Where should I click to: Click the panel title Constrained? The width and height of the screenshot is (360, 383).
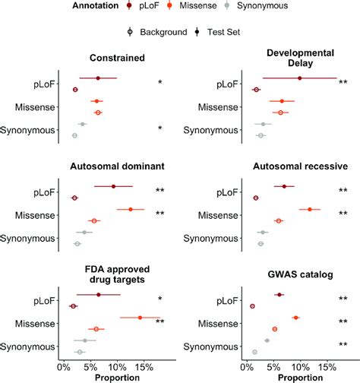[118, 58]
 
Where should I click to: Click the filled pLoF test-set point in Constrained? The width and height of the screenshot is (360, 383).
[98, 78]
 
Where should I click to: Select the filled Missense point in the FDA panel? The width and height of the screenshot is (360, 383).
[140, 318]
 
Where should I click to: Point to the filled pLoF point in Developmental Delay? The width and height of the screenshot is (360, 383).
[300, 78]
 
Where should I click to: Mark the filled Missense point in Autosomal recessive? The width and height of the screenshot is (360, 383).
[310, 209]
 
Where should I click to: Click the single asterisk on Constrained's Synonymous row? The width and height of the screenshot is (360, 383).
[159, 129]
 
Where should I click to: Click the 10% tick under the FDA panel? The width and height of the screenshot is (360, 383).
[117, 366]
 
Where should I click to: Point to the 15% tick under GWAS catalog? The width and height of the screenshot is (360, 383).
[327, 366]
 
